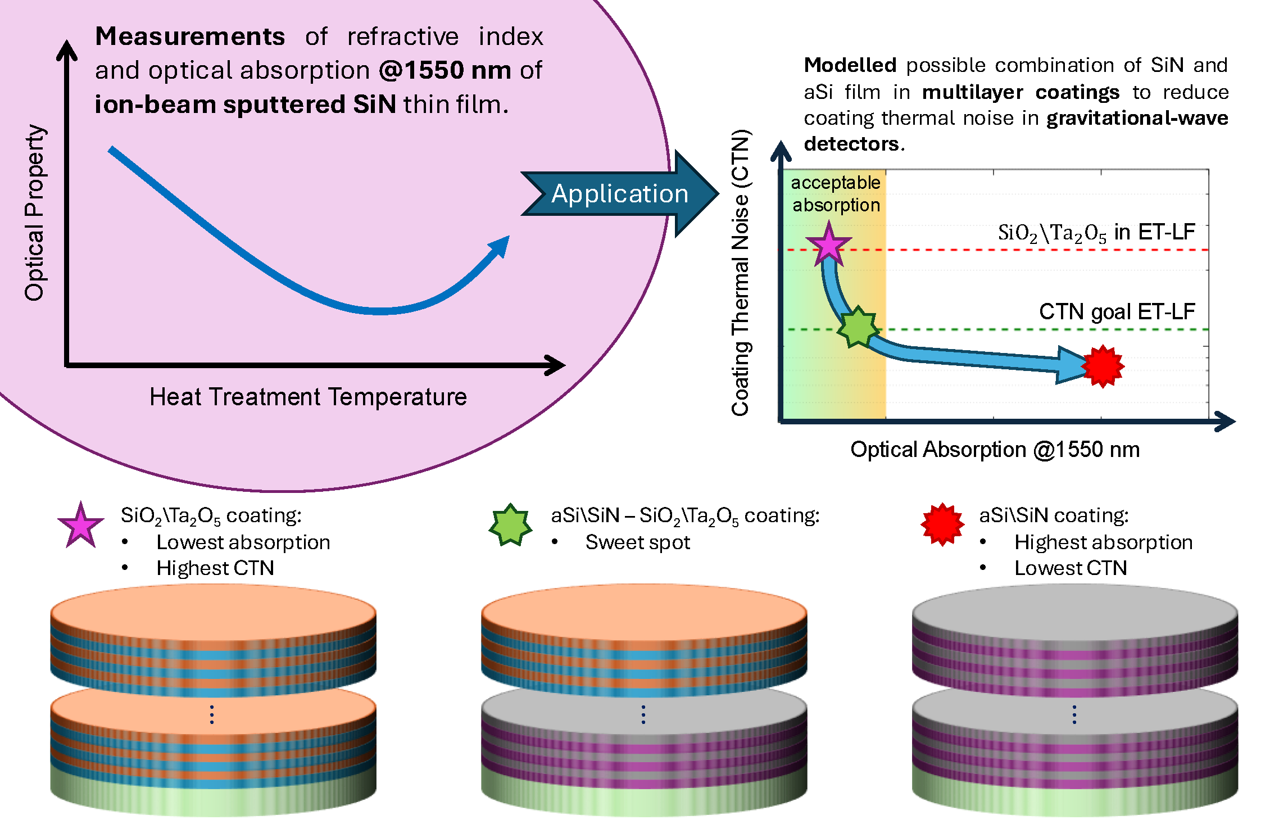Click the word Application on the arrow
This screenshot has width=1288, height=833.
click(x=619, y=194)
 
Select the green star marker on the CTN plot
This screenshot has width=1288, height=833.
click(x=858, y=327)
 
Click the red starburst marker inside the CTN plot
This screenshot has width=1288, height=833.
click(x=1103, y=366)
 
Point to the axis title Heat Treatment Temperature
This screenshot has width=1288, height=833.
click(x=308, y=397)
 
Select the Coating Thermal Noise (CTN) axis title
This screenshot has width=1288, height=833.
click(x=741, y=273)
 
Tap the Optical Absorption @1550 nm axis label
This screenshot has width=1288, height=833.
click(x=995, y=450)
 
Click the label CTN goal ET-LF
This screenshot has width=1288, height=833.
click(x=1117, y=311)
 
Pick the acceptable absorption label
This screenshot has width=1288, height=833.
click(x=836, y=194)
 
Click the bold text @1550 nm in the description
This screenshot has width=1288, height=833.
click(x=445, y=71)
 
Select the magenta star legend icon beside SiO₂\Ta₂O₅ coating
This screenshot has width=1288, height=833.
click(x=81, y=526)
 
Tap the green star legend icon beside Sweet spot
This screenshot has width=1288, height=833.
click(x=510, y=525)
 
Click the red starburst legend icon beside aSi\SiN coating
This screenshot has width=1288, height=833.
click(x=942, y=524)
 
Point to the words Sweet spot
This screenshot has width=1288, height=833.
click(x=637, y=542)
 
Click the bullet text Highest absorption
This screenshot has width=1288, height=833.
click(x=1103, y=542)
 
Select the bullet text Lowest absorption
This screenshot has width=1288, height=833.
click(x=243, y=542)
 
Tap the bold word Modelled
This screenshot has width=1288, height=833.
click(x=850, y=65)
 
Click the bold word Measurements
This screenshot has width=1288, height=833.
click(x=190, y=37)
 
